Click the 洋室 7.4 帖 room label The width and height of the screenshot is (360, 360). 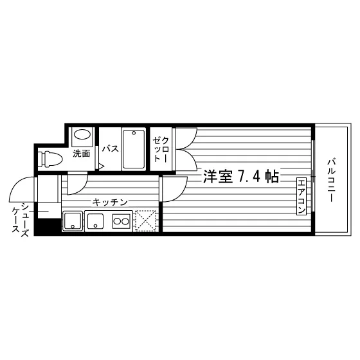pyautogui.click(x=241, y=177)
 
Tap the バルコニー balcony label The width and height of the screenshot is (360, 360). pyautogui.click(x=331, y=180)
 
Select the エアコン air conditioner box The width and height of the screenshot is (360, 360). pyautogui.click(x=301, y=196)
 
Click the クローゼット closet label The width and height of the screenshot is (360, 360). pyautogui.click(x=161, y=149)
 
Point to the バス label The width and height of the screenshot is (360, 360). pyautogui.click(x=111, y=148)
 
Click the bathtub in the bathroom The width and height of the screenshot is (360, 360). pyautogui.click(x=134, y=149)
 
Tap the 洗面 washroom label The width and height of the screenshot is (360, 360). pyautogui.click(x=82, y=154)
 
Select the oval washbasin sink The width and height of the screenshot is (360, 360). pyautogui.click(x=83, y=134)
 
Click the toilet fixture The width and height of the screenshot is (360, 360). pyautogui.click(x=50, y=158)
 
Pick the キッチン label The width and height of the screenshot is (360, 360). pyautogui.click(x=110, y=203)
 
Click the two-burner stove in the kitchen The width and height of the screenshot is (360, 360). pyautogui.click(x=122, y=222)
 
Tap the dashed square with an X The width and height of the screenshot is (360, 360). pyautogui.click(x=146, y=221)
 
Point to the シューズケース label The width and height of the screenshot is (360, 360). pyautogui.click(x=21, y=220)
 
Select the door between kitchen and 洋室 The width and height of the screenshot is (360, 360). pyautogui.click(x=174, y=189)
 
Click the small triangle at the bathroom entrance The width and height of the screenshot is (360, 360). pyautogui.click(x=102, y=166)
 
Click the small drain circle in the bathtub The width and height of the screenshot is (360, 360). pyautogui.click(x=134, y=133)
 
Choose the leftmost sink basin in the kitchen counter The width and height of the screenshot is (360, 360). pyautogui.click(x=73, y=221)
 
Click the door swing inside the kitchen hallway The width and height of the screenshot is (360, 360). pyautogui.click(x=76, y=184)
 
